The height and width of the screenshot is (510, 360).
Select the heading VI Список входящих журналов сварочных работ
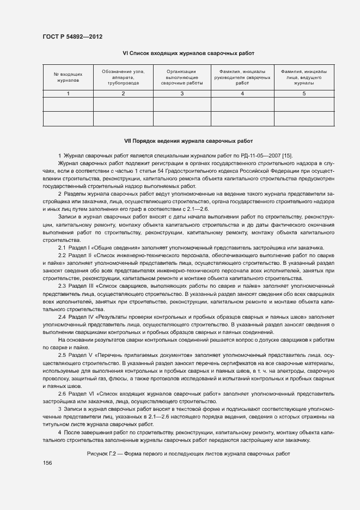188,53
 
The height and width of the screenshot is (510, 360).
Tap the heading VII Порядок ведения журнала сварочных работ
188,140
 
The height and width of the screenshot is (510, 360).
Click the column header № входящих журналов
68,77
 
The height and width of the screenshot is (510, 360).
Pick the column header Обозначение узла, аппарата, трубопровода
123,77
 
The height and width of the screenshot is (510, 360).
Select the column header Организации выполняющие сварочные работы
181,77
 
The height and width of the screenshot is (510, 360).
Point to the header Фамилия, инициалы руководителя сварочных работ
242,77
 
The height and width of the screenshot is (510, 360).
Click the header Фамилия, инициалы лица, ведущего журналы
304,77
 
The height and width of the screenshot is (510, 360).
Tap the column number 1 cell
68,94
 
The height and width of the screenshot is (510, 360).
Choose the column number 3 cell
181,94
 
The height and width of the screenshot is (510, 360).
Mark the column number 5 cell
304,94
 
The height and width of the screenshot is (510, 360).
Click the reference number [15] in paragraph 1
286,156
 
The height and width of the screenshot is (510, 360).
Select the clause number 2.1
62,247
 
